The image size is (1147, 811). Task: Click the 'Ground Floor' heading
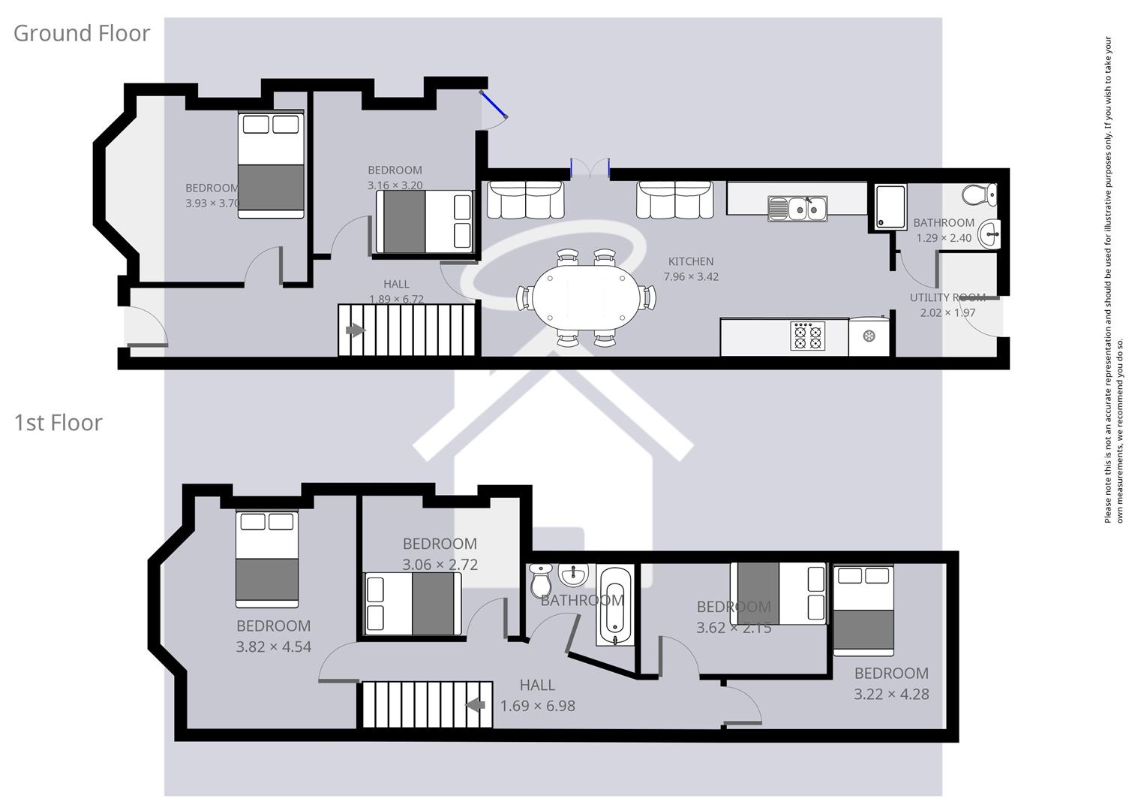(x=82, y=33)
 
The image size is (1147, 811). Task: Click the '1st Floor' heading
(x=58, y=423)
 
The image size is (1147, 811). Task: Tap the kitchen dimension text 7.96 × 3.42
(x=690, y=276)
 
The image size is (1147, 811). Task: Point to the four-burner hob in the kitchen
(x=807, y=336)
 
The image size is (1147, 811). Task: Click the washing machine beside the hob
(x=869, y=336)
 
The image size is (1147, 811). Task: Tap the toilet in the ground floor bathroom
(x=978, y=194)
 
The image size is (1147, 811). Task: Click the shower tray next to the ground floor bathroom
(x=887, y=207)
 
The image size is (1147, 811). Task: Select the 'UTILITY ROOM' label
(x=947, y=297)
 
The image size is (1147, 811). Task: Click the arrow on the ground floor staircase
(x=355, y=330)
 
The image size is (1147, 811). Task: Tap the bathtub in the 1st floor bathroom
(x=615, y=607)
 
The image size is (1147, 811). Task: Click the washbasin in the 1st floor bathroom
(x=573, y=576)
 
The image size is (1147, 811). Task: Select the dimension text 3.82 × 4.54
(x=273, y=647)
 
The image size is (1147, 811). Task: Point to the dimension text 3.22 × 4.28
(x=891, y=695)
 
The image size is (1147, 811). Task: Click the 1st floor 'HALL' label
(x=537, y=685)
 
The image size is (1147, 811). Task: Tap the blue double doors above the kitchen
(x=590, y=168)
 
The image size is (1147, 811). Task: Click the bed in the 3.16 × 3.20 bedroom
(x=425, y=222)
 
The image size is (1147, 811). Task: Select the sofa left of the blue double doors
(x=525, y=200)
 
